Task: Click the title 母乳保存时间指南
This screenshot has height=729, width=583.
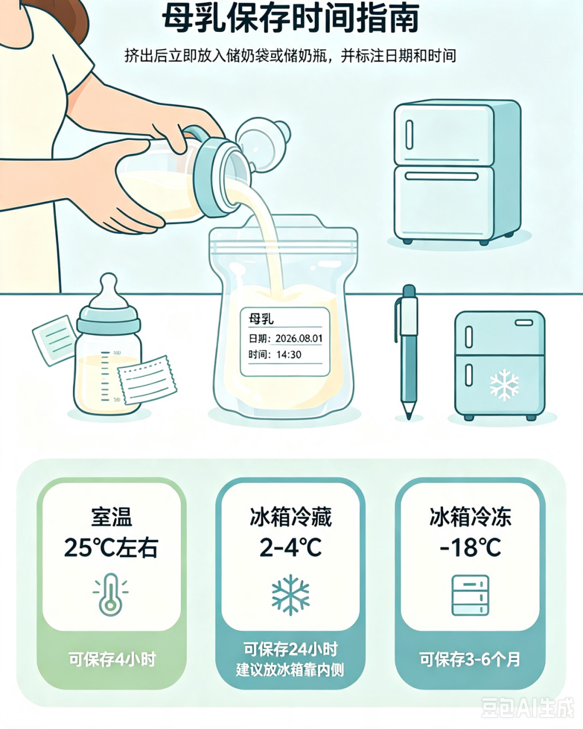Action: (290, 18)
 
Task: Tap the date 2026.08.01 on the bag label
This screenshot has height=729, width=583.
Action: (299, 339)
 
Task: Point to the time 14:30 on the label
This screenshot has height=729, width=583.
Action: (289, 355)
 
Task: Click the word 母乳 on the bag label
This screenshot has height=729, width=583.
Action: (261, 319)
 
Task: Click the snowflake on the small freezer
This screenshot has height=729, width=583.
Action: (504, 385)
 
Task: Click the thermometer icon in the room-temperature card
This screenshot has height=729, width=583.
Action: (111, 595)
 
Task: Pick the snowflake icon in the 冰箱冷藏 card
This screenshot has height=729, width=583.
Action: (290, 595)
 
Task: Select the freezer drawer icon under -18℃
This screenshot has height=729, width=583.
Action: (471, 595)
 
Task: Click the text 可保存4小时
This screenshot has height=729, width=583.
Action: (112, 659)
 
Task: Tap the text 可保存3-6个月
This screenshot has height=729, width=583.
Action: (470, 659)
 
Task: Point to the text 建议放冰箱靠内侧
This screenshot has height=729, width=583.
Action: (290, 670)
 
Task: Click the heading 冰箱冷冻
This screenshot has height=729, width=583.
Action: (471, 517)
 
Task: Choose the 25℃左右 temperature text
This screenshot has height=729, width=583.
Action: (111, 548)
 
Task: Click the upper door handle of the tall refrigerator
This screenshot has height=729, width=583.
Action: (409, 134)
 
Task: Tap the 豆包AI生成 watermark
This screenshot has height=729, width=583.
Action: (527, 707)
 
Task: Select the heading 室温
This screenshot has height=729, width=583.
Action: (111, 517)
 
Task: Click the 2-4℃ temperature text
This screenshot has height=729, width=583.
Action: (290, 548)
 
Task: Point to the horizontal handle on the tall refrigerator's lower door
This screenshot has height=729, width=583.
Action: (442, 176)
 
